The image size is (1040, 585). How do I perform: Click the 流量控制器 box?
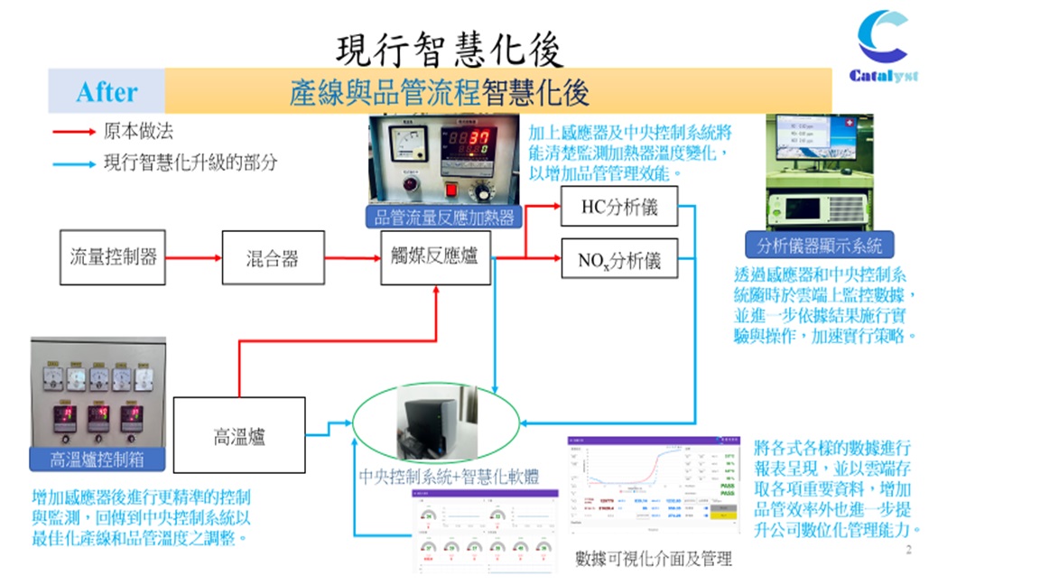pyautogui.click(x=114, y=257)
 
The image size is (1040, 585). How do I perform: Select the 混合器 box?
pyautogui.click(x=273, y=258)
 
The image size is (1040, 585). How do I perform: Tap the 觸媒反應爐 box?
pyautogui.click(x=435, y=258)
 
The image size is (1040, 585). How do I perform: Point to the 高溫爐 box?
pyautogui.click(x=239, y=438)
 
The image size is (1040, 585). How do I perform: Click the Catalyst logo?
pyautogui.click(x=884, y=46)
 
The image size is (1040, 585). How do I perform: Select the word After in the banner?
pyautogui.click(x=107, y=92)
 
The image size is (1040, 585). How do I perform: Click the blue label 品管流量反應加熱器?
pyautogui.click(x=444, y=217)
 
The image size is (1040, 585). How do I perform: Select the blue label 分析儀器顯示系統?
pyautogui.click(x=820, y=245)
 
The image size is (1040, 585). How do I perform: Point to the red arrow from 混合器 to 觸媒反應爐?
pyautogui.click(x=352, y=258)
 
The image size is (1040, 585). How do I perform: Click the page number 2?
pyautogui.click(x=908, y=549)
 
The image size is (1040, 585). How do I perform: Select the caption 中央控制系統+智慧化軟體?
pyautogui.click(x=436, y=476)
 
